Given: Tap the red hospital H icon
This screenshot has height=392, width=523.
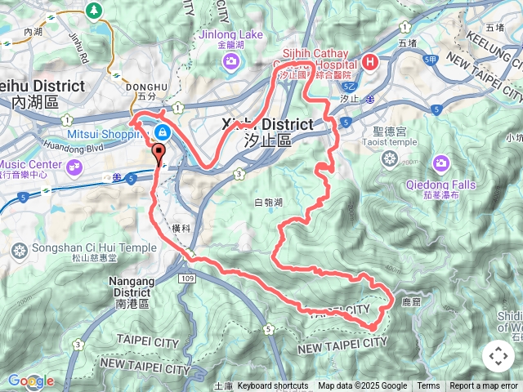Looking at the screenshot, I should [370, 61].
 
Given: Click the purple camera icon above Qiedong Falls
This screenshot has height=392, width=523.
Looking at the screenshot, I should [441, 163].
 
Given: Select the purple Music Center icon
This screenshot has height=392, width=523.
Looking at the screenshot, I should [75, 167].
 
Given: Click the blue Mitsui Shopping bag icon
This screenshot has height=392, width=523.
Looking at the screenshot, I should [163, 131].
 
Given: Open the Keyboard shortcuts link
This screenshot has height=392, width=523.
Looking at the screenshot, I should [273, 386].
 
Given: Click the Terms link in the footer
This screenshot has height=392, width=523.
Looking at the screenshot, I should [428, 386].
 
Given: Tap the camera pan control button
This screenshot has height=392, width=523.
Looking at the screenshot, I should [498, 356].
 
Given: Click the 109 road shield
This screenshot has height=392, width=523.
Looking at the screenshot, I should [188, 278].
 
